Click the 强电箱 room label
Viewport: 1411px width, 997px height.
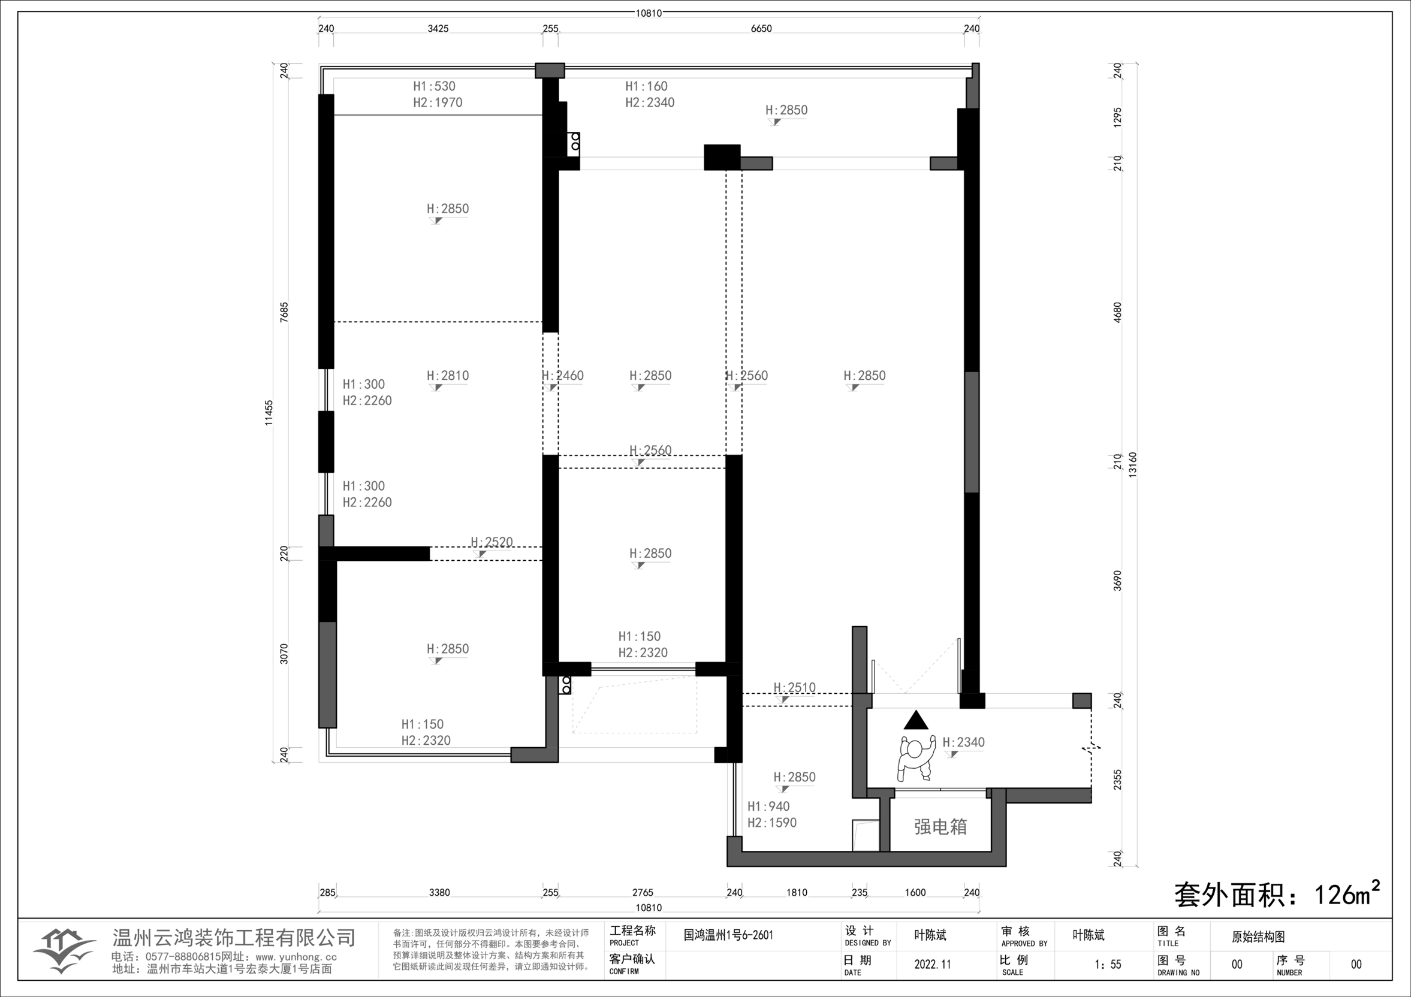point(940,827)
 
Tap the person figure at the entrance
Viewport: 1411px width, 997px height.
point(916,759)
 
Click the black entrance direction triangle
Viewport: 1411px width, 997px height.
point(916,720)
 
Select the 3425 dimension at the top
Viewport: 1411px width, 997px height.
point(438,28)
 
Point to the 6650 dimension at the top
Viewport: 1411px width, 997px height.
point(761,28)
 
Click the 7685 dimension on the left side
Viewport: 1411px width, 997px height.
point(284,312)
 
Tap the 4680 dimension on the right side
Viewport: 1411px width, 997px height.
point(1117,312)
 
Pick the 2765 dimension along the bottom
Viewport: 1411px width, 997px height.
point(642,892)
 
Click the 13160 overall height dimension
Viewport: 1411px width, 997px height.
point(1133,465)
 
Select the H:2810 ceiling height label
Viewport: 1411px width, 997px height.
point(447,375)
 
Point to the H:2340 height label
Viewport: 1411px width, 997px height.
point(964,742)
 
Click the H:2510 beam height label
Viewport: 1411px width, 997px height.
point(795,687)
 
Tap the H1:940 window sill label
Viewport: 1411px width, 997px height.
point(768,806)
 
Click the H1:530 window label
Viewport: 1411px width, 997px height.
point(434,86)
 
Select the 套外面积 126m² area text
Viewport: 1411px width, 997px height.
point(1277,894)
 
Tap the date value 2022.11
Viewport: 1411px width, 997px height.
point(932,964)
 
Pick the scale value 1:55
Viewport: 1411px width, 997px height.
point(1108,964)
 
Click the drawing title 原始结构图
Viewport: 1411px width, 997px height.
point(1258,937)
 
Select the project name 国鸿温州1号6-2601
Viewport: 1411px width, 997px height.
point(728,935)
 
